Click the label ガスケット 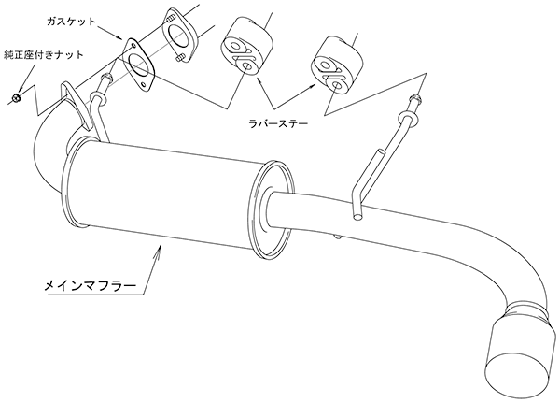71,22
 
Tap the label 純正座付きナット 44,55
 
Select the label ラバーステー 278,123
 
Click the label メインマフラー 90,286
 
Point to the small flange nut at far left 15,97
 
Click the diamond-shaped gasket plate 139,65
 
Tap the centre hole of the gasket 138,65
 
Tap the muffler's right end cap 272,210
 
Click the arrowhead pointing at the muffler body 158,252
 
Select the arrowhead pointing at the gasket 119,37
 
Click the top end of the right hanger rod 414,97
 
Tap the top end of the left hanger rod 105,77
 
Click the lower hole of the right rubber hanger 335,85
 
